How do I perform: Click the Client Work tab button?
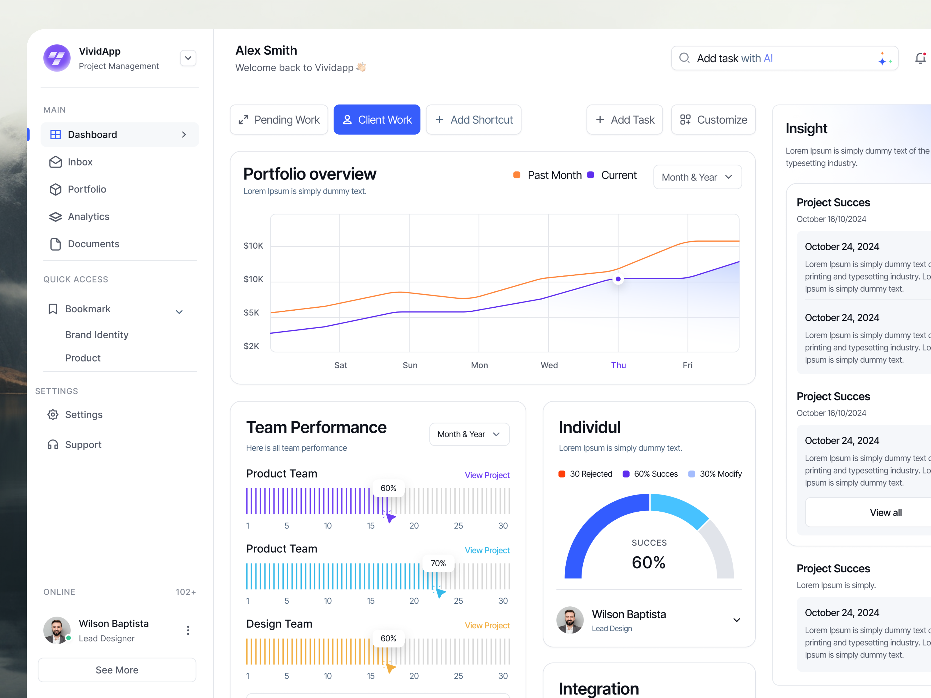click(x=377, y=120)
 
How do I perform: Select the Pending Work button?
click(x=279, y=120)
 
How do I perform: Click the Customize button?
click(x=713, y=120)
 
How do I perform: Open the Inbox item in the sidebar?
click(x=80, y=162)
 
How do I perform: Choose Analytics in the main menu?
click(x=88, y=217)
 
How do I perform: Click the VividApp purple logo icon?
click(x=57, y=58)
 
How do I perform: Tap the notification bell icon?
click(x=920, y=58)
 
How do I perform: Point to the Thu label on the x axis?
click(x=618, y=365)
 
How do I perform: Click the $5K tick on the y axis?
click(x=251, y=313)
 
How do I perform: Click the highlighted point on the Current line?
click(x=618, y=279)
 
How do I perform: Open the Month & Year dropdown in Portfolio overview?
click(x=697, y=177)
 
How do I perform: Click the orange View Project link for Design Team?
click(x=487, y=626)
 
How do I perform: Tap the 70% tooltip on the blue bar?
click(x=438, y=563)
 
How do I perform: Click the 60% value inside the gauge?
click(x=648, y=562)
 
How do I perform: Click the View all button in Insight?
click(x=886, y=512)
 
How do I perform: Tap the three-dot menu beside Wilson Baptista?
click(x=188, y=630)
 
